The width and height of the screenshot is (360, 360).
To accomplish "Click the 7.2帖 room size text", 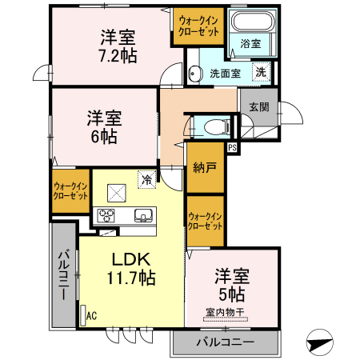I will [117, 56].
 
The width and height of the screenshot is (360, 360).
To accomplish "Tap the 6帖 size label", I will [103, 137].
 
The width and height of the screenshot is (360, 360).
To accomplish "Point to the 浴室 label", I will [250, 46].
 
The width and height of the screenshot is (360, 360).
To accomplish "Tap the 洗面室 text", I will [226, 74].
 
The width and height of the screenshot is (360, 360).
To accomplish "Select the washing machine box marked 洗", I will [261, 72].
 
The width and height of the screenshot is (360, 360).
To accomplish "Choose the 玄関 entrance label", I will [258, 106].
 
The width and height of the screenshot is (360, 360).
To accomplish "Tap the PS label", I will [233, 148].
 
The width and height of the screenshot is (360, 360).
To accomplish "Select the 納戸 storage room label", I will [204, 167].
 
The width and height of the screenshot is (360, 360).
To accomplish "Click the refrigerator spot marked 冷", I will [146, 181].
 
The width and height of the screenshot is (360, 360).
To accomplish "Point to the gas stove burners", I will [107, 214].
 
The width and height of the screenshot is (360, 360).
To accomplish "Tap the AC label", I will [91, 315].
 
